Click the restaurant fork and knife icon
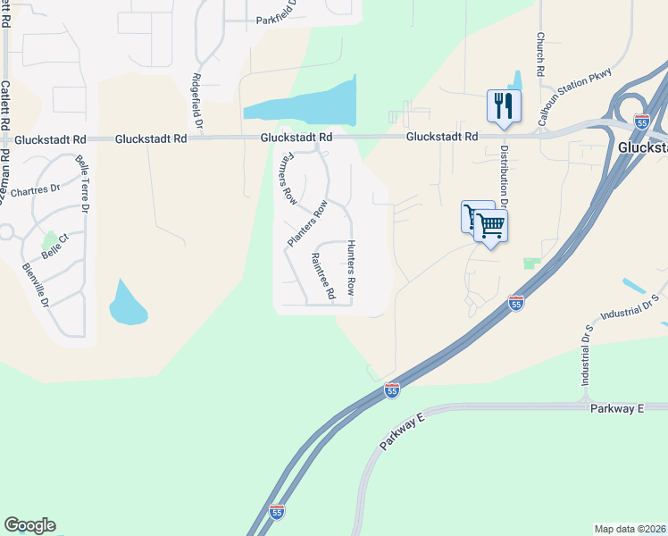(504, 105)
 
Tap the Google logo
(29, 525)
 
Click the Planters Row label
(307, 224)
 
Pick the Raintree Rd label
(322, 275)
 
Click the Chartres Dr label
(34, 190)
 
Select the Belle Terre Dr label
(84, 184)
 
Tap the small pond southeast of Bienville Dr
(127, 304)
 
